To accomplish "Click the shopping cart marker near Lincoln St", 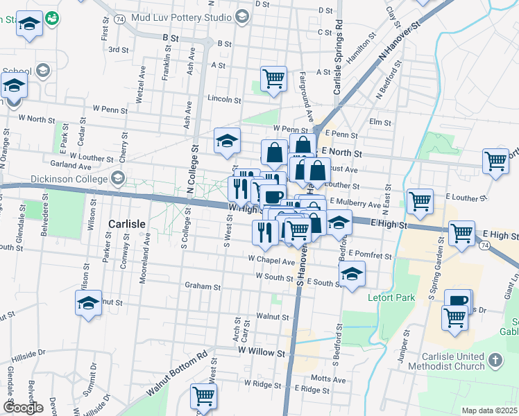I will [274, 78].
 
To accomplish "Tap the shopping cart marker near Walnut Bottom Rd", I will [203, 396].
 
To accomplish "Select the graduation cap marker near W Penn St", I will [227, 141].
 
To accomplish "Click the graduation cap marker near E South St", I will [352, 274].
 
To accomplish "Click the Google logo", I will [24, 408].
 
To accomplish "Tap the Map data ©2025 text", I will [489, 410].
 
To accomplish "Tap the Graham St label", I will [202, 286].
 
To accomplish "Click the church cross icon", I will [494, 360].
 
